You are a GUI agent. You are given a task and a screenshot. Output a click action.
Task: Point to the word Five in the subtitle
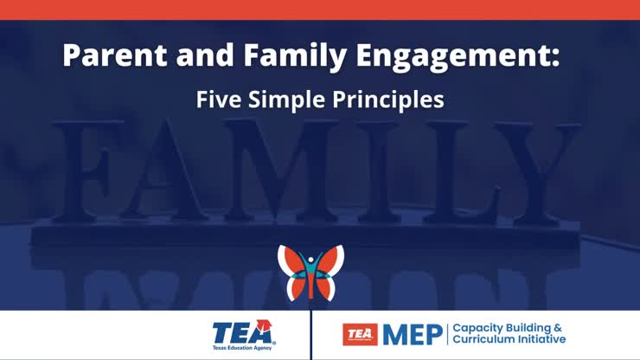pos(218,100)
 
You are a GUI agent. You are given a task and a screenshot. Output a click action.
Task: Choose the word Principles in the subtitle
pos(389,100)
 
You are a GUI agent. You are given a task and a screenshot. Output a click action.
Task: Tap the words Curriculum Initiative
pos(509,340)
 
